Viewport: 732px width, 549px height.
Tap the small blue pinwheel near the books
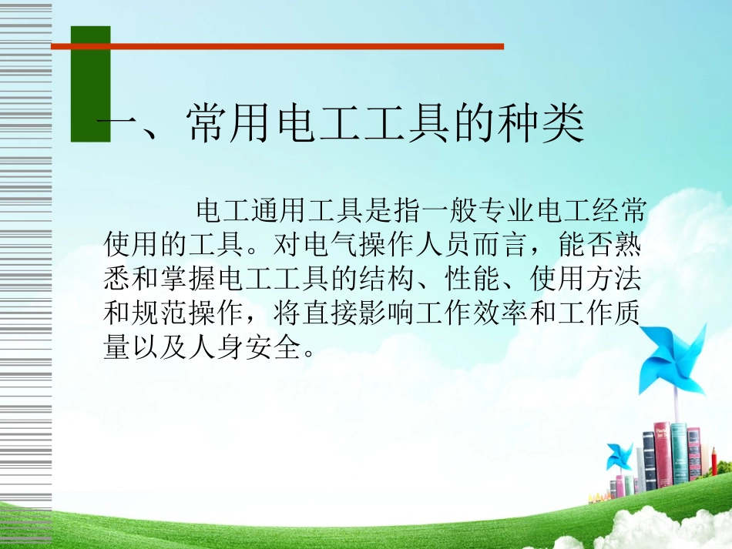[x=620, y=457]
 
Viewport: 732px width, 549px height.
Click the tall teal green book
[x=678, y=454]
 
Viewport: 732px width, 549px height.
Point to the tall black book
[x=650, y=462]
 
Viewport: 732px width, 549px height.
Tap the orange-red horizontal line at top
[x=277, y=47]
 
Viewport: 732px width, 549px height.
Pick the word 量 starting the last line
[x=117, y=348]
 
